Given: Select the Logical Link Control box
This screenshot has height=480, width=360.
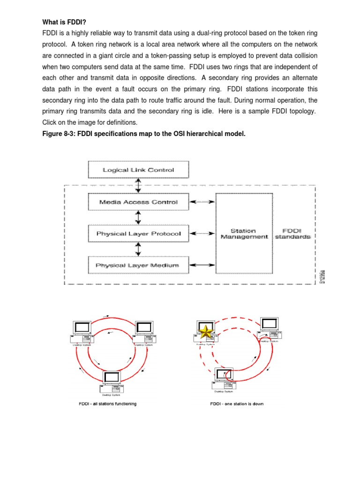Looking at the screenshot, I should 138,170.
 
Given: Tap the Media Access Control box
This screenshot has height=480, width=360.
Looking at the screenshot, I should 138,202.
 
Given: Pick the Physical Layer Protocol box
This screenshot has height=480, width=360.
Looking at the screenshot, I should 138,233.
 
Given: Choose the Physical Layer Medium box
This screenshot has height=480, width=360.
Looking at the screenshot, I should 138,265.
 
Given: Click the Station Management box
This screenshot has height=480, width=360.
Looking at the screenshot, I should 244,233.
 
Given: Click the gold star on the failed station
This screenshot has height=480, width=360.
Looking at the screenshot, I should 204,332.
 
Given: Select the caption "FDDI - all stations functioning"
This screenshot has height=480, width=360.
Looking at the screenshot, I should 107,404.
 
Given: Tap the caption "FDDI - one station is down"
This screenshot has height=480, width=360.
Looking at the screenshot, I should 237,404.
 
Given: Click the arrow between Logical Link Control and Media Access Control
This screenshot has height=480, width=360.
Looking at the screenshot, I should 138,186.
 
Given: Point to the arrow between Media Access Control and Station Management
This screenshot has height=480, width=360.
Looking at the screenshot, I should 202,202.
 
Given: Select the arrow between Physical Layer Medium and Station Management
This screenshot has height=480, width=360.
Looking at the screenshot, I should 202,265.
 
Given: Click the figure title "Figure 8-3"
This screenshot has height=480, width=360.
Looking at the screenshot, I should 144,134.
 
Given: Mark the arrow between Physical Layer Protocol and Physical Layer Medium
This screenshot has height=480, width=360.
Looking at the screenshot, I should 138,249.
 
